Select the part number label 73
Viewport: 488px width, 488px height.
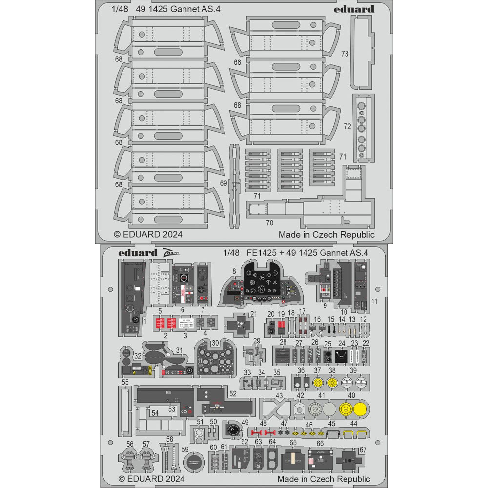click(x=345, y=54)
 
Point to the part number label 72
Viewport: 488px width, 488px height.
click(x=347, y=126)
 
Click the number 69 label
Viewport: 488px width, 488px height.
click(x=224, y=183)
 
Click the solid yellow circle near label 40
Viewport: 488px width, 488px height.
click(x=361, y=409)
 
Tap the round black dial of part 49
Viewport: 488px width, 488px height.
click(x=235, y=430)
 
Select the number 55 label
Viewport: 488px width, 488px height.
click(x=125, y=383)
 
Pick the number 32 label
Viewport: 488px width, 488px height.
click(x=138, y=356)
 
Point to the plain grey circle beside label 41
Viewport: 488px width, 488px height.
click(x=329, y=409)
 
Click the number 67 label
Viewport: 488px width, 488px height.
click(x=363, y=450)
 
